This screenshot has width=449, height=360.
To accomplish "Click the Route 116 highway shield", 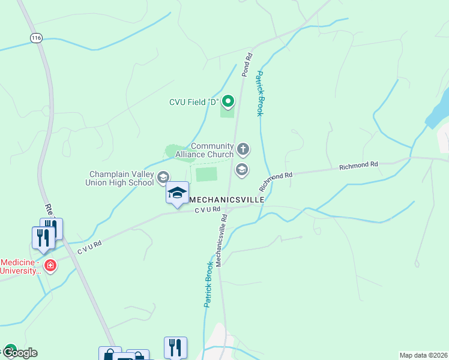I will tap(37, 38).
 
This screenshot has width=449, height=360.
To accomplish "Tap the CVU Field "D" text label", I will tap(192, 101).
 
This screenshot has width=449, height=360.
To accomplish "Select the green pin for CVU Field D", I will tap(228, 100).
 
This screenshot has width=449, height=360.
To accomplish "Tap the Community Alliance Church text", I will tap(204, 150).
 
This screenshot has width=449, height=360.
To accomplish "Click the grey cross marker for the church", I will tap(243, 148).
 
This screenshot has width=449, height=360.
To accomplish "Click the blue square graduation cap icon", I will tap(177, 193).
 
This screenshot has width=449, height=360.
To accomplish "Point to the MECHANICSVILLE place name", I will tap(227, 199).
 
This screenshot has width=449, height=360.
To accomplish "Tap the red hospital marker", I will tap(50, 265).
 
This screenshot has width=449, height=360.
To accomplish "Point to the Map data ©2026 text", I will tap(423, 355).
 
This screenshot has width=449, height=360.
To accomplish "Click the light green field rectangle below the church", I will tap(206, 174).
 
